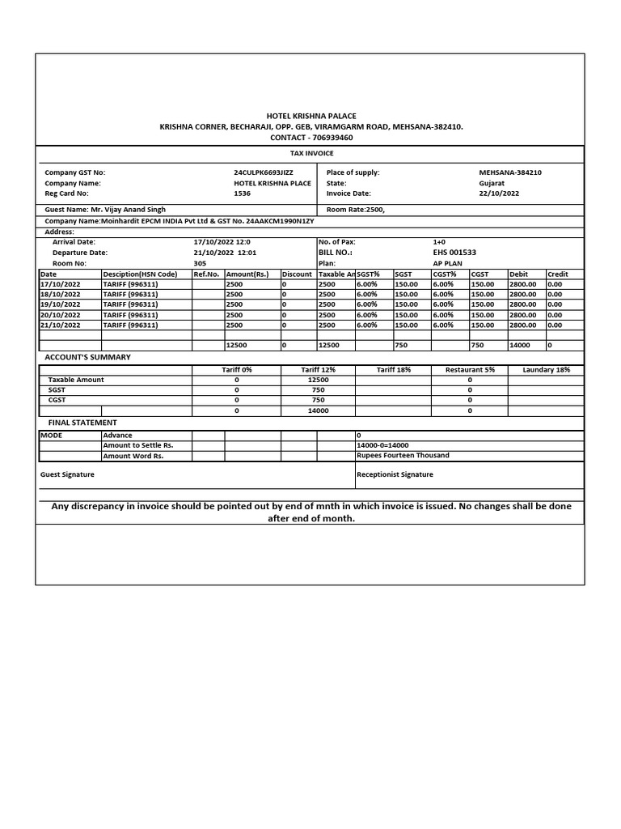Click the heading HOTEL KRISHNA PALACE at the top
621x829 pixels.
coord(311,117)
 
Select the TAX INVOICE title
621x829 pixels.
coord(311,153)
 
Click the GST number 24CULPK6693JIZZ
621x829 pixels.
coord(264,172)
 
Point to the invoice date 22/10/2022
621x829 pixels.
coord(499,193)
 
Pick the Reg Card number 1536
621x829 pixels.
coord(242,193)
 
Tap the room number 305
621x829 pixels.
coord(201,263)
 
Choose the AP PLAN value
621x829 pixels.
coord(448,263)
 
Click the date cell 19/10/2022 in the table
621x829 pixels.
coord(61,304)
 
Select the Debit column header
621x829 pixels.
coord(518,274)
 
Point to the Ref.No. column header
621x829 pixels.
coord(207,274)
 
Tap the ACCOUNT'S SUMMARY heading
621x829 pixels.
coord(87,357)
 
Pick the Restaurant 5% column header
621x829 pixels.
coord(470,370)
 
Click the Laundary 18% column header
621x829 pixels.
coord(546,370)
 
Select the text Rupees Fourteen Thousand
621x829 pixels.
coord(403,456)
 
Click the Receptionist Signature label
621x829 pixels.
coord(395,474)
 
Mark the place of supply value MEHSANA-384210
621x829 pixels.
coord(510,172)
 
